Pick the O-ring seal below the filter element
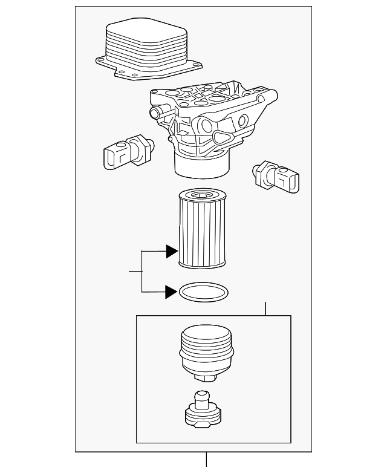pos(204,293)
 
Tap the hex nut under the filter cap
pos(205,378)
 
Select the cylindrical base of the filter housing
pos(203,165)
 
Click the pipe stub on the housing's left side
pos(155,112)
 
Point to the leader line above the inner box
pos(265,308)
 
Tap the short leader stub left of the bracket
pos(135,272)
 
